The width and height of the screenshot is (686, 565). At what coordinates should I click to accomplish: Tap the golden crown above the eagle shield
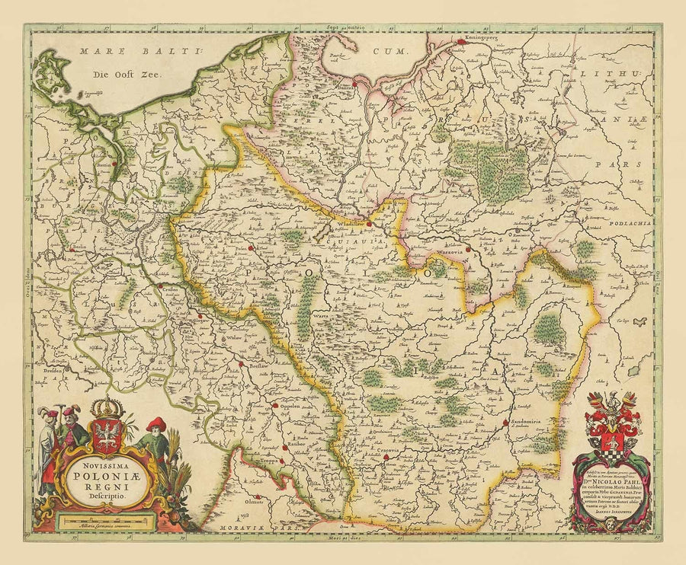pos(107,407)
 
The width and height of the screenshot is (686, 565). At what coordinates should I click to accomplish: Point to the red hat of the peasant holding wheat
pos(157,423)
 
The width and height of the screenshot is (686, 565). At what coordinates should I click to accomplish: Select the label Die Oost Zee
pos(120,75)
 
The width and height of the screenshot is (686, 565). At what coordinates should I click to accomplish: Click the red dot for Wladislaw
pos(369,224)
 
